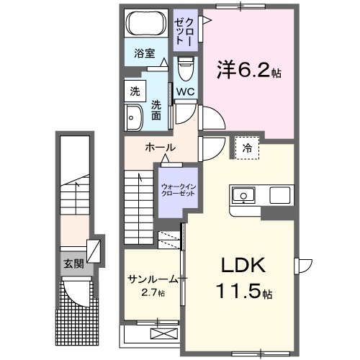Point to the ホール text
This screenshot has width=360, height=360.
click(x=160, y=147)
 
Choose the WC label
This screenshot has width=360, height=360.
click(x=185, y=91)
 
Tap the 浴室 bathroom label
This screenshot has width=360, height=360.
click(x=145, y=53)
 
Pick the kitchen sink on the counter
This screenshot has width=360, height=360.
click(x=243, y=194)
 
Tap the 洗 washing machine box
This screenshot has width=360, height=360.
click(x=134, y=91)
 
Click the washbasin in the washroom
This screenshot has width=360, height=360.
click(x=135, y=117)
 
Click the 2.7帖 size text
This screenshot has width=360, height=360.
click(x=153, y=293)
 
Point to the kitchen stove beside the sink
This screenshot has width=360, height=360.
click(x=279, y=194)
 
